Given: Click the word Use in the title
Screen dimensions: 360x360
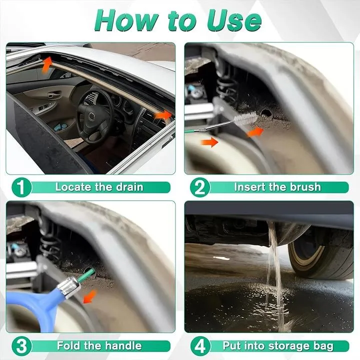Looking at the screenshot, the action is [x=234, y=20].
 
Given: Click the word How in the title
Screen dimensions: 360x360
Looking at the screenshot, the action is [x=126, y=20].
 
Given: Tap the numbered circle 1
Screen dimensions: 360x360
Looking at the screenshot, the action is [x=21, y=187].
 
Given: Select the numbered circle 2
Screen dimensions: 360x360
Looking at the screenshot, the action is [x=200, y=187].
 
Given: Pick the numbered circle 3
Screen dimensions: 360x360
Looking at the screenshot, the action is [x=21, y=346].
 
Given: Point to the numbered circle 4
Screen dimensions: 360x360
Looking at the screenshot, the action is [x=200, y=346].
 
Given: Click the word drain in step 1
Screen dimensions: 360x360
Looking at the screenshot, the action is [x=129, y=187].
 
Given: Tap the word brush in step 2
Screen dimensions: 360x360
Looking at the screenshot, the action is [x=305, y=187].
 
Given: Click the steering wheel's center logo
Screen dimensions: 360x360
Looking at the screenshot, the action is [x=91, y=116].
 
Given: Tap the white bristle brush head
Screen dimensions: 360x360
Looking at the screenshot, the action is [x=245, y=119].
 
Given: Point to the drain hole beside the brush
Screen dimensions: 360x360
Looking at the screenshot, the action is [x=266, y=112].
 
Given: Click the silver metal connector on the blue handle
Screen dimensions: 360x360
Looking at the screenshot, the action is [x=69, y=286].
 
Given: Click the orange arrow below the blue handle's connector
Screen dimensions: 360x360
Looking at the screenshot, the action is [x=90, y=296].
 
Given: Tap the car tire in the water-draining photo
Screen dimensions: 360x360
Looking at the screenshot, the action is [x=321, y=253].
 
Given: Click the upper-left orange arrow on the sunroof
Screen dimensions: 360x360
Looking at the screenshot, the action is [x=47, y=64].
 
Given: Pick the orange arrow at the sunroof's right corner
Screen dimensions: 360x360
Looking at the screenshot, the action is [x=163, y=115].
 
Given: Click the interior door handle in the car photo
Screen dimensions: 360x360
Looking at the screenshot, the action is [x=53, y=94].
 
